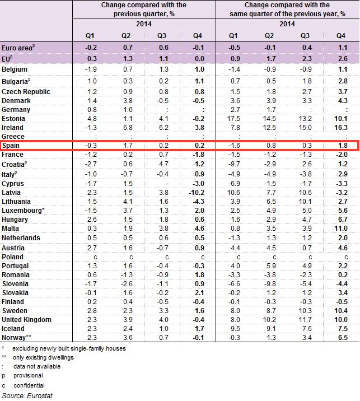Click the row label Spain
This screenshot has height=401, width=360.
coord(12,146)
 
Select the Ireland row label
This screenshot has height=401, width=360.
coord(13,127)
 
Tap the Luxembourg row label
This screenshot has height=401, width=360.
coord(22,211)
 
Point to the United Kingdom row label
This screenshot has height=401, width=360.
coord(26,320)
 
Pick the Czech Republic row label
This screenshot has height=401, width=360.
coord(26,91)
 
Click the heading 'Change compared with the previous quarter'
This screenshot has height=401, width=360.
coord(144,8)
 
